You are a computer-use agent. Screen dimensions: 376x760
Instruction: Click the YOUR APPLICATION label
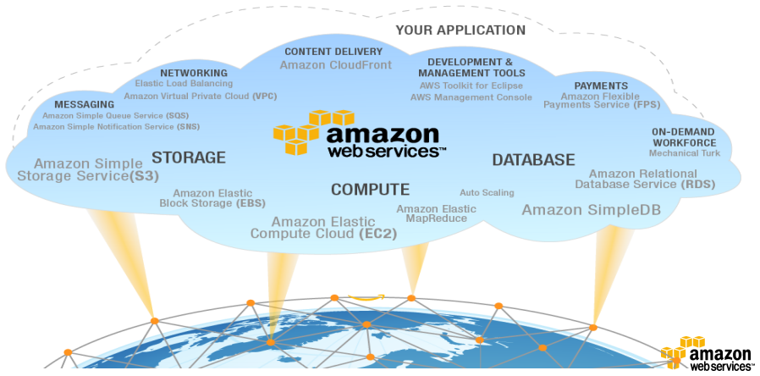click(460, 30)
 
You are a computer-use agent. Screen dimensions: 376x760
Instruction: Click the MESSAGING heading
click(84, 104)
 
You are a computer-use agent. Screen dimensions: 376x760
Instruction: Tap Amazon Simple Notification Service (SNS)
click(117, 127)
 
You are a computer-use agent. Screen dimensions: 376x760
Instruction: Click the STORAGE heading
click(189, 158)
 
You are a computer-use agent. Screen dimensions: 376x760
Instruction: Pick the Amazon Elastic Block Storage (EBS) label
click(208, 197)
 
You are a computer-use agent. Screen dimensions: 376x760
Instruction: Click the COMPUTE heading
click(370, 190)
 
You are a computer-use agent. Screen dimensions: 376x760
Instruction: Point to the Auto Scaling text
click(487, 192)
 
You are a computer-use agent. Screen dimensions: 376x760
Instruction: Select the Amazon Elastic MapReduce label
click(436, 213)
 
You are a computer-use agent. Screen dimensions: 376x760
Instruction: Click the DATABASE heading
click(533, 159)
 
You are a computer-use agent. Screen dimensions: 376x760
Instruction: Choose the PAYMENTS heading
click(601, 86)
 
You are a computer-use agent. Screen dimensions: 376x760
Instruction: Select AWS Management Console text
click(471, 97)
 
